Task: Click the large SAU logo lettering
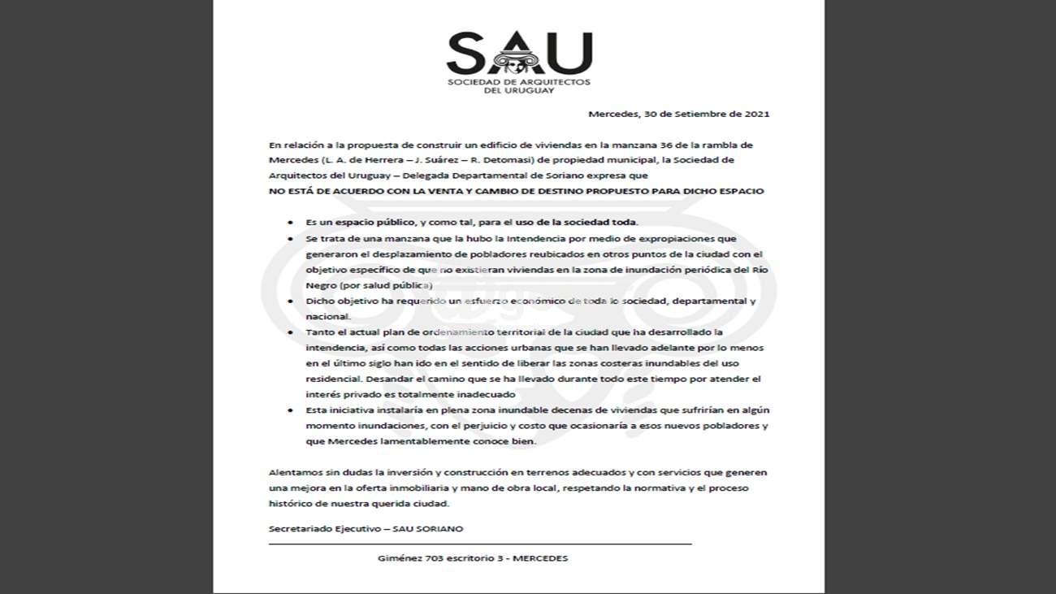click(x=519, y=53)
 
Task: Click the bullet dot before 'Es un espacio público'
click(x=291, y=223)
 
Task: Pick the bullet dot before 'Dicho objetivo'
click(x=291, y=301)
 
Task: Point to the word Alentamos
click(x=295, y=472)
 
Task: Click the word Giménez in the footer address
click(x=397, y=558)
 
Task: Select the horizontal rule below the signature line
click(x=480, y=543)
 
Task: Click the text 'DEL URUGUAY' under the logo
click(x=519, y=91)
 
